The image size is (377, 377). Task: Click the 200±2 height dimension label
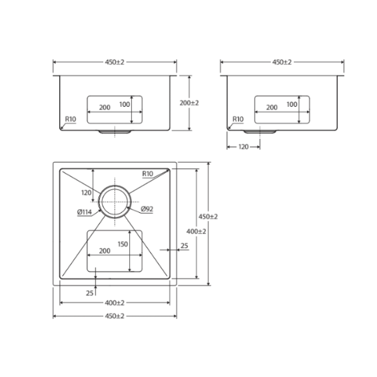click(x=189, y=103)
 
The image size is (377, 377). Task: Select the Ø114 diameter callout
click(x=84, y=212)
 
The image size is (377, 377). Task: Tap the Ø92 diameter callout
click(x=147, y=209)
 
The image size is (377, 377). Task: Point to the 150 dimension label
click(x=123, y=244)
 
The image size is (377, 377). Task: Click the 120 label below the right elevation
click(x=244, y=147)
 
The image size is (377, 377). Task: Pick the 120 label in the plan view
click(x=87, y=193)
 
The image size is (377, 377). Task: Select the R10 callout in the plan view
click(x=147, y=173)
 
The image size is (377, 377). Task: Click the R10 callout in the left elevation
click(x=71, y=119)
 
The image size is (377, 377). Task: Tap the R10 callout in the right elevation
click(x=238, y=119)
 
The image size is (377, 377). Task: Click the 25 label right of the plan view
click(x=184, y=246)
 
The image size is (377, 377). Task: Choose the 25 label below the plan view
click(x=89, y=293)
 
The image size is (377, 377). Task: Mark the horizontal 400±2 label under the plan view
click(x=114, y=303)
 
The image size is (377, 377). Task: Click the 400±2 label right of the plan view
click(x=196, y=231)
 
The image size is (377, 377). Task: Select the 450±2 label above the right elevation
click(x=282, y=62)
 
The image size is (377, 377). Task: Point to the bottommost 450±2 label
click(x=114, y=316)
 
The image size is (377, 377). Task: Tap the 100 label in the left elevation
click(x=124, y=104)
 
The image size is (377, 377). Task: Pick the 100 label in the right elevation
click(x=292, y=104)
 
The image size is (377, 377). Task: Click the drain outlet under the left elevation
click(x=114, y=132)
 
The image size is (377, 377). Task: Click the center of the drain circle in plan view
click(x=114, y=202)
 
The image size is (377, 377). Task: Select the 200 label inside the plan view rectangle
click(x=105, y=251)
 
